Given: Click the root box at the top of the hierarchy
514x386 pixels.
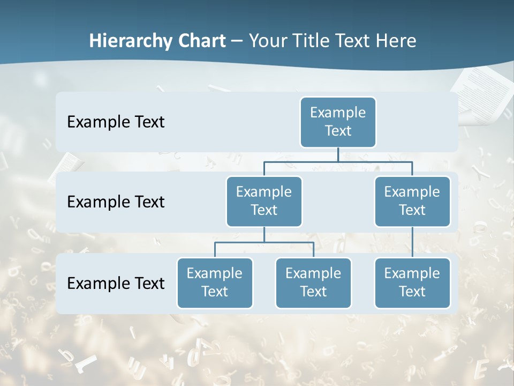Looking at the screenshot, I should (x=338, y=122).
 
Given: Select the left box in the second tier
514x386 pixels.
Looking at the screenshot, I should (x=264, y=201).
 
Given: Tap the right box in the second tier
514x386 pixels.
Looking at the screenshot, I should (x=412, y=201).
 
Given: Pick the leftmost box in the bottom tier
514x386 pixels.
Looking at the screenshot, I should (x=215, y=283).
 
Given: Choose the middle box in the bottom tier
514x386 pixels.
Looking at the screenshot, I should (x=313, y=283).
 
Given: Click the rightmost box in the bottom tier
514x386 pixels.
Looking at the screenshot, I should (x=412, y=283).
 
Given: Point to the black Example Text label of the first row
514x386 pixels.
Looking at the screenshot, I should (x=116, y=122).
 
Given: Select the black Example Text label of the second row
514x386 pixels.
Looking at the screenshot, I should (x=116, y=202).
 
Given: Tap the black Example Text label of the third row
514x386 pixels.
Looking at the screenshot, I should (x=116, y=283).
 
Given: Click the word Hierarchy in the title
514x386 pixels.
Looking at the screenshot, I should (x=131, y=41).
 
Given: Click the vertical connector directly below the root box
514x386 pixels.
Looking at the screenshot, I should (x=338, y=154).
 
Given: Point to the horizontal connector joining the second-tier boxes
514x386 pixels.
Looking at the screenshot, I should (x=375, y=161).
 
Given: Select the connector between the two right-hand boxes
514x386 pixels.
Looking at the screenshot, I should (x=412, y=242).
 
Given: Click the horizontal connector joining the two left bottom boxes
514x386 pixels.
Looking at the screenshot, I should (x=264, y=242).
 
